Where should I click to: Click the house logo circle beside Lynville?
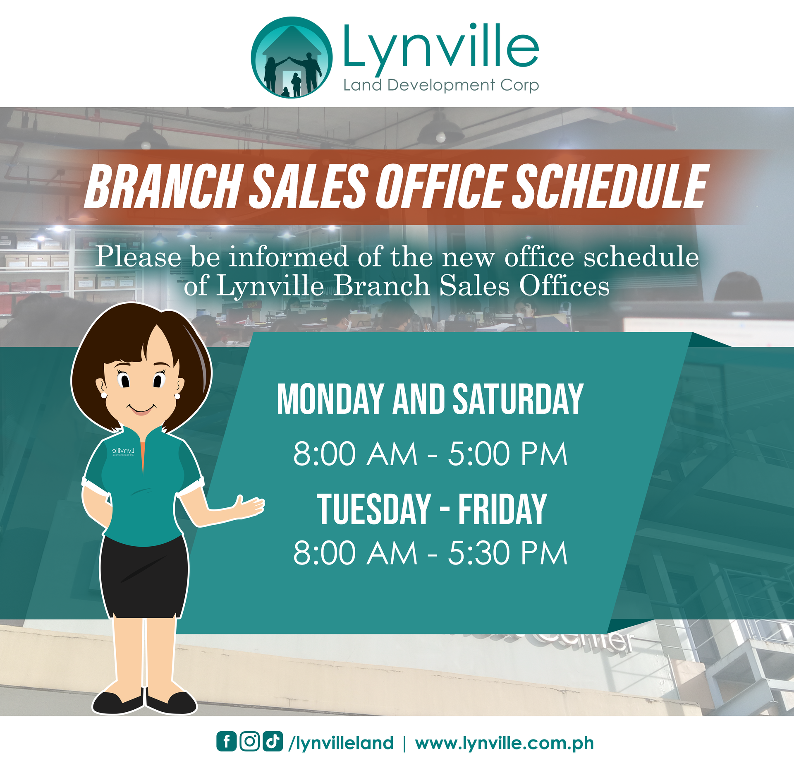[292, 57]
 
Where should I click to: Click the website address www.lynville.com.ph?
[505, 743]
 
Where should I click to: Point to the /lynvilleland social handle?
[341, 743]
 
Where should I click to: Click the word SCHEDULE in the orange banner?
[610, 186]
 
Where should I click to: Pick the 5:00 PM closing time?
[508, 454]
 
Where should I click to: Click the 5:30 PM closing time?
[508, 553]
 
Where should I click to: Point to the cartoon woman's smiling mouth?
[141, 409]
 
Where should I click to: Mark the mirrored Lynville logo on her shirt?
[123, 451]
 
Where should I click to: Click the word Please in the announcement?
[139, 258]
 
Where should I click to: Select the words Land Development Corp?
[441, 85]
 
